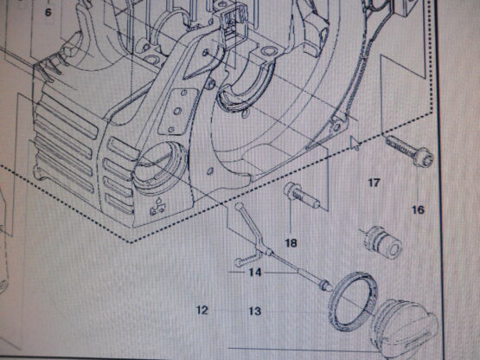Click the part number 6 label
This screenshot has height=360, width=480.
click(48, 13)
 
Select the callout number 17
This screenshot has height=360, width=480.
click(374, 183)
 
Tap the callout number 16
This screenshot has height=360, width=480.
click(418, 210)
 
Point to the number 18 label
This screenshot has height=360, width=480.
click(291, 243)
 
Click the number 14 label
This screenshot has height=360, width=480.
click(255, 272)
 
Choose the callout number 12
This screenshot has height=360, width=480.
click(202, 310)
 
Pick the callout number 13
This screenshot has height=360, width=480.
click(254, 311)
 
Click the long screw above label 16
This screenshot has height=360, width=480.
click(410, 151)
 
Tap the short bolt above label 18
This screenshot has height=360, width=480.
click(302, 196)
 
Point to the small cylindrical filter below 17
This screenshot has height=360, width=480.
click(382, 242)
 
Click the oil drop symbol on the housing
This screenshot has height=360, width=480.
click(158, 208)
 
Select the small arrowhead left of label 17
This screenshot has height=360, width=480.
click(355, 143)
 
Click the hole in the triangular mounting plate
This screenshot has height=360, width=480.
click(206, 53)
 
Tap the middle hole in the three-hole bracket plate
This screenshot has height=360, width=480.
click(177, 111)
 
